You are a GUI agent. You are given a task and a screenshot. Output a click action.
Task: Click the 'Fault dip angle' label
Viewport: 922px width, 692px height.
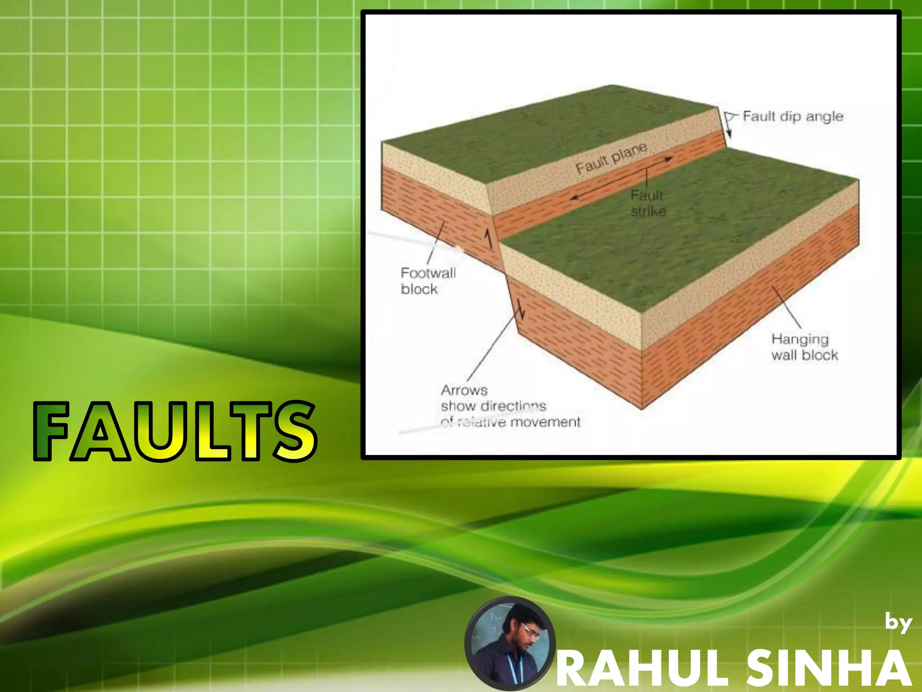coord(793,116)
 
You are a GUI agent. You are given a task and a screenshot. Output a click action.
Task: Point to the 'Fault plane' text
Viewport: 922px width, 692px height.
coord(611,158)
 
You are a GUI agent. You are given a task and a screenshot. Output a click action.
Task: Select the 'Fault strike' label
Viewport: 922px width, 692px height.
coord(648,203)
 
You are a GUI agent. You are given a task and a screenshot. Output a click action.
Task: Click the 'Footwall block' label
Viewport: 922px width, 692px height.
coord(428,281)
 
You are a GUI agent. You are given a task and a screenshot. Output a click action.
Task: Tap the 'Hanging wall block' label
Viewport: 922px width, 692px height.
coord(804,347)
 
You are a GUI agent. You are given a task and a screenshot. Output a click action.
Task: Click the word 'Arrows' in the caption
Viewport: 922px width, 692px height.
coord(464,390)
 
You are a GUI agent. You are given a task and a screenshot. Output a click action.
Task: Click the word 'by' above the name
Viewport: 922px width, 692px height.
coord(898,623)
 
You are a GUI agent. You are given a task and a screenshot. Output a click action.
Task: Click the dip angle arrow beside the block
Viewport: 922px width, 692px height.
coord(728,126)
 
